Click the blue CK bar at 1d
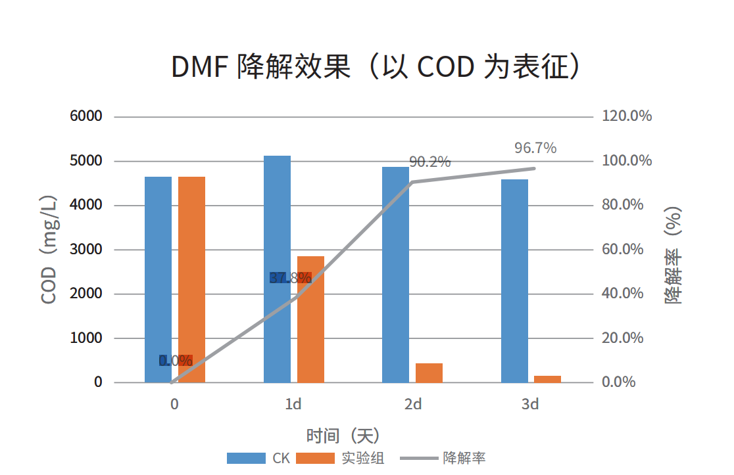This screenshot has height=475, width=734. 277,269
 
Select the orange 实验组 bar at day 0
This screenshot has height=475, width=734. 191,279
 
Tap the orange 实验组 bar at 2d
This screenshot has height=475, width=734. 429,373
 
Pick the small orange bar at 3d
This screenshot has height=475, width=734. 547,378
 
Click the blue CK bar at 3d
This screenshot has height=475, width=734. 514,281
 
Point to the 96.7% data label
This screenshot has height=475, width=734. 535,148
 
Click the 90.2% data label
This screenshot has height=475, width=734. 429,162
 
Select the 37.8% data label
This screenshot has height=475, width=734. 290,278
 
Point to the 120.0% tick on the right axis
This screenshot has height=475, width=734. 627,116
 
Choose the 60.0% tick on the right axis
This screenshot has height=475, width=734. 622,250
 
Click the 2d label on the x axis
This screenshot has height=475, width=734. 413,404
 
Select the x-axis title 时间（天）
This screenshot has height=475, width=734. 343,435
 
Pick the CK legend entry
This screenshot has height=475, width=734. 259,459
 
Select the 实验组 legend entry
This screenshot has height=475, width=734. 341,459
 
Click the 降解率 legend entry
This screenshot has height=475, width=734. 443,459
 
